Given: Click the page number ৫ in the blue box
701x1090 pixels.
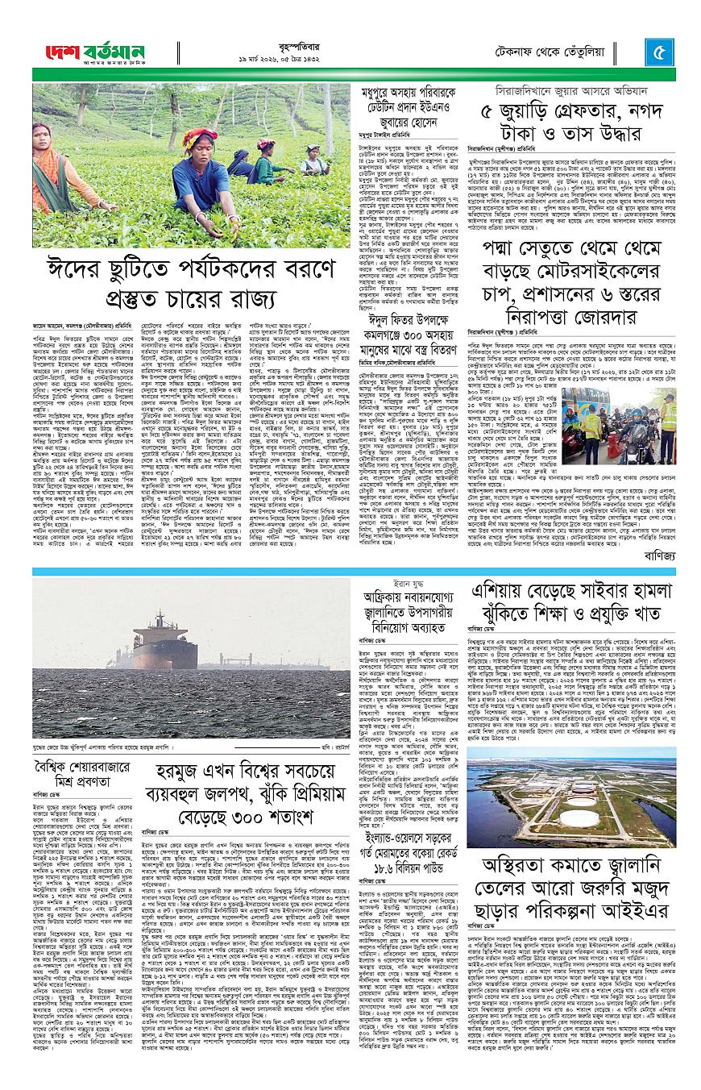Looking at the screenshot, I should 658,53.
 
